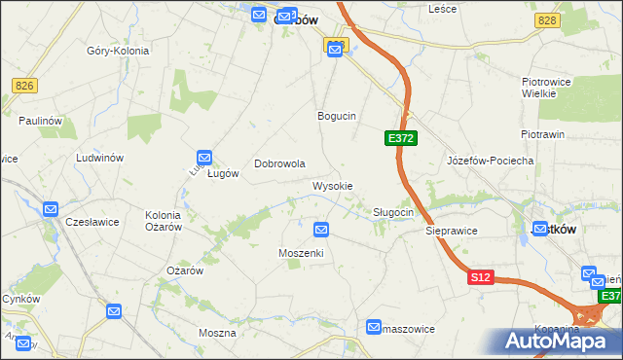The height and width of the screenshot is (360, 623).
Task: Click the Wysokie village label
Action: pos(332,185)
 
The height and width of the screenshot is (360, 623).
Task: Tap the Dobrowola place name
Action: pos(280,164)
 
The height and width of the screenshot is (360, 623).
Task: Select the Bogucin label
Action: pos(337,116)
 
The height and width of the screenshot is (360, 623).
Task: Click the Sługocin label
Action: pos(394,212)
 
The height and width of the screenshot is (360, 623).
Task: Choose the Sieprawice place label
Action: pos(451,233)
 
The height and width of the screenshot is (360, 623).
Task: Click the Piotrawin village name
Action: pos(542,134)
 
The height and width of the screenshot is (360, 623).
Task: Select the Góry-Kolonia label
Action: pos(117,51)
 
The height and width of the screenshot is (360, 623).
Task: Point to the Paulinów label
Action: pos(40,120)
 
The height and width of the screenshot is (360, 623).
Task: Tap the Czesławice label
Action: pos(92,222)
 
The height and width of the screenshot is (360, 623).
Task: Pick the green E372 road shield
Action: pos(401,139)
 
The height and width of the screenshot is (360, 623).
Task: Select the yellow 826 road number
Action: pos(25,87)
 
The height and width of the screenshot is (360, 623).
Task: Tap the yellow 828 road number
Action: pos(546,20)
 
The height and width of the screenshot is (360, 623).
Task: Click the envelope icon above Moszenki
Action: pos(321,230)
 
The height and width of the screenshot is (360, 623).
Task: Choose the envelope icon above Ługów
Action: pos(204,157)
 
